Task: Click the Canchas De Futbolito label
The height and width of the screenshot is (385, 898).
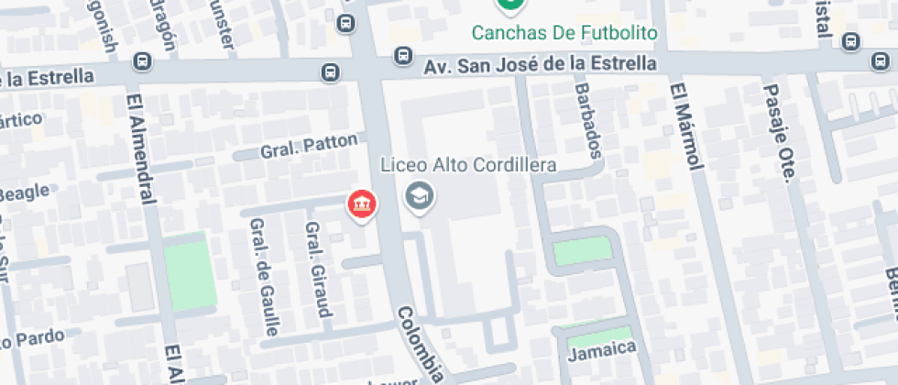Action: pos(564,34)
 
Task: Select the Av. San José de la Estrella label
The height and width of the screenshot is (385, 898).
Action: pos(540,65)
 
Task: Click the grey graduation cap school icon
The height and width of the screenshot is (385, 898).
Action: pos(420,195)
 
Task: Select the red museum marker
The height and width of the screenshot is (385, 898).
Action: pos(362,204)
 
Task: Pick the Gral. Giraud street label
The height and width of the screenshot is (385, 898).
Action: pos(317,269)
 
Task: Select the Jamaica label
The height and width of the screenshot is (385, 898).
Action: pos(601,350)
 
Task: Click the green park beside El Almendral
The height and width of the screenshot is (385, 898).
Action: pos(190,272)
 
